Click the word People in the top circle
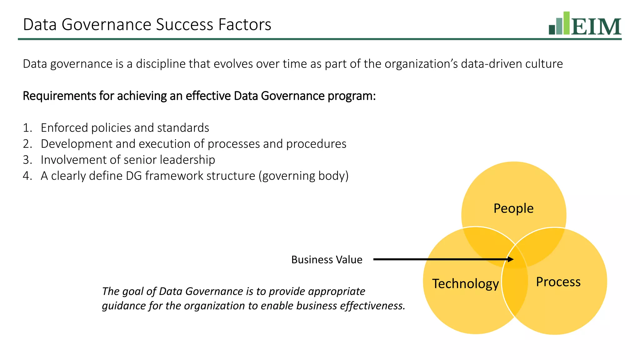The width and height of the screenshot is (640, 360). [513, 208]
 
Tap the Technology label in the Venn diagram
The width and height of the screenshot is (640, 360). [465, 284]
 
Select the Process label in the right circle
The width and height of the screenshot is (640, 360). [558, 282]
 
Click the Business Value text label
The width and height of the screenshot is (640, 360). [327, 260]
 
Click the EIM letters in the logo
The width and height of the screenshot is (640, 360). [596, 27]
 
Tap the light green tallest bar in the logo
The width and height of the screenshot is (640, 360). [566, 23]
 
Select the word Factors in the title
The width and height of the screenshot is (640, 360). [245, 25]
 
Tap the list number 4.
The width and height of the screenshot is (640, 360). [27, 176]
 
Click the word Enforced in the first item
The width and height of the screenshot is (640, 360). [64, 128]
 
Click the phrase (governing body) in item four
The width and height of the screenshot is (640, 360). [303, 176]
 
